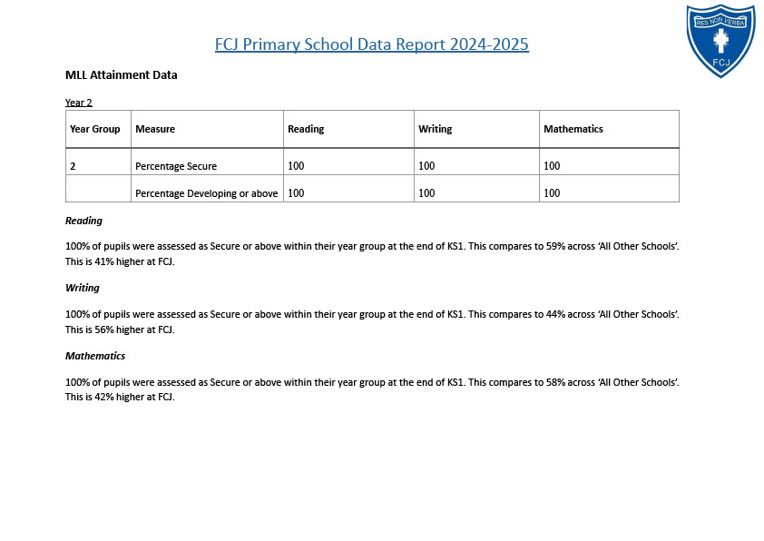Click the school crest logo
pyautogui.click(x=720, y=40)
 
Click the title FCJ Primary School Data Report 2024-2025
pyautogui.click(x=371, y=44)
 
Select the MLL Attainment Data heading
pyautogui.click(x=122, y=75)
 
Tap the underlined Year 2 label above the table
pyautogui.click(x=79, y=103)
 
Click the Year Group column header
pyautogui.click(x=95, y=129)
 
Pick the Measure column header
pyautogui.click(x=155, y=129)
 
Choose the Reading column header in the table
pyautogui.click(x=306, y=129)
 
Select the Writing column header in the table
pyautogui.click(x=435, y=129)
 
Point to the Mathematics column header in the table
pyautogui.click(x=573, y=129)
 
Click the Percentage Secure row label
pyautogui.click(x=176, y=166)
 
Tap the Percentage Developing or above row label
pyautogui.click(x=207, y=193)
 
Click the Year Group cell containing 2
pyautogui.click(x=73, y=166)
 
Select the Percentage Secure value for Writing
pyautogui.click(x=426, y=166)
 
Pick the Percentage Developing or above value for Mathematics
pyautogui.click(x=552, y=193)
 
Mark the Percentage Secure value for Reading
pyautogui.click(x=296, y=166)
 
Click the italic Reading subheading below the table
pyautogui.click(x=83, y=221)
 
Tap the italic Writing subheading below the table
pyautogui.click(x=83, y=288)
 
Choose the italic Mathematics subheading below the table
pyautogui.click(x=95, y=356)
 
